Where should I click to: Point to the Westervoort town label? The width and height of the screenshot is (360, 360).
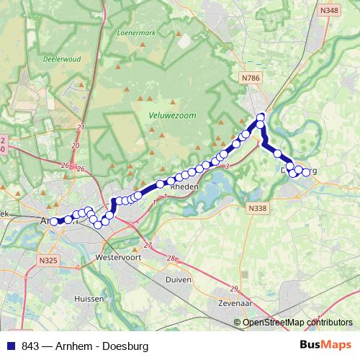pyautogui.click(x=117, y=256)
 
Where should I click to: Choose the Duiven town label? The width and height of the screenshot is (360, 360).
pyautogui.click(x=179, y=279)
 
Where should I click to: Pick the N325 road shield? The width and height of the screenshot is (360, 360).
pyautogui.click(x=48, y=260)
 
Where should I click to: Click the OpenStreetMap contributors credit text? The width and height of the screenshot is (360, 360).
pyautogui.click(x=297, y=323)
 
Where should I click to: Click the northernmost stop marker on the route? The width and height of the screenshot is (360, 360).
pyautogui.click(x=261, y=117)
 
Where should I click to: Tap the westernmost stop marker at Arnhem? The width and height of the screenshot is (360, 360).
pyautogui.click(x=53, y=222)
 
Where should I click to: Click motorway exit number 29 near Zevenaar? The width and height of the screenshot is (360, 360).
pyautogui.click(x=234, y=289)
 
